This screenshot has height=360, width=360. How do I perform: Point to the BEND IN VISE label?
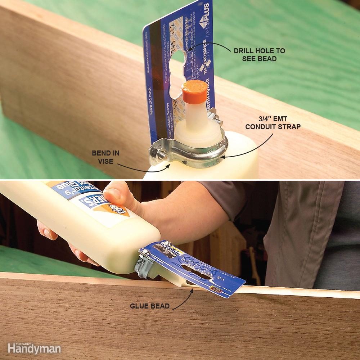(x=105, y=157)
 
